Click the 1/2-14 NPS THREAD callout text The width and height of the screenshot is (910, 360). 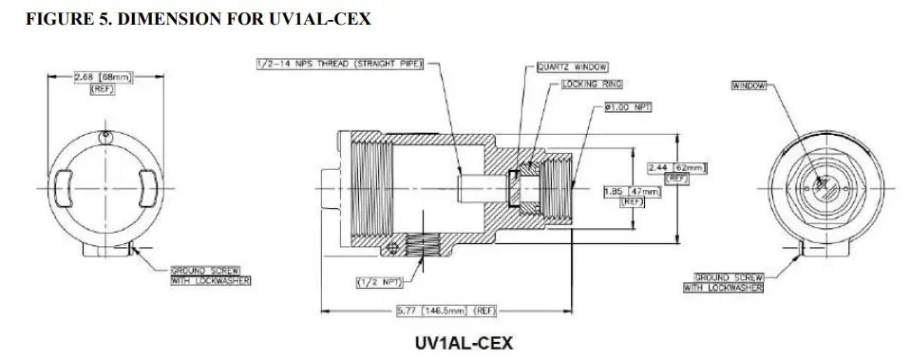pos(341,64)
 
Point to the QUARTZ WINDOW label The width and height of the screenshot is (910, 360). pos(572,67)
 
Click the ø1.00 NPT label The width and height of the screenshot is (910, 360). pos(626,106)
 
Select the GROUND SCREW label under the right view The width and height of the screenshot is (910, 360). pos(723,282)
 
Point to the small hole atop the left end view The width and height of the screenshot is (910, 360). pos(105,134)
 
